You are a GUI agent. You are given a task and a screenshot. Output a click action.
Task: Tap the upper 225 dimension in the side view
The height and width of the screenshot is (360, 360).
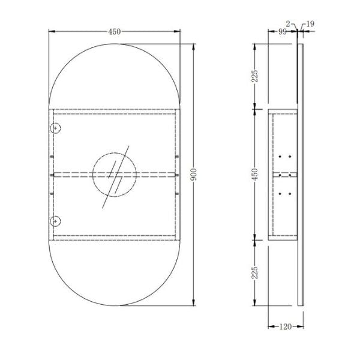click(x=254, y=76)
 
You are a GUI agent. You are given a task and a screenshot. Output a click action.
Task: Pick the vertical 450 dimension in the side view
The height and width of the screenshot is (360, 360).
click(x=254, y=174)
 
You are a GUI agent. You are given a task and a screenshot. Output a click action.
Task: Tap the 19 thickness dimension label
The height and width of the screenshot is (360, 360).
click(x=310, y=24)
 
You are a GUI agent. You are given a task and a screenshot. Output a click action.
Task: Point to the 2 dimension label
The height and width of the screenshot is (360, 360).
click(x=289, y=24)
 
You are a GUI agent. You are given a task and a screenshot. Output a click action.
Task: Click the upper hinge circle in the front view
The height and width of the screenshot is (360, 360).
click(x=55, y=128)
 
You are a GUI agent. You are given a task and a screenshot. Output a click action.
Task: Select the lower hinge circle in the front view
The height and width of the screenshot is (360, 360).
click(x=55, y=220)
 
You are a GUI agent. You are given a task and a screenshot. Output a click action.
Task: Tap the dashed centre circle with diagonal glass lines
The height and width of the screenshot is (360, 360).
click(x=115, y=175)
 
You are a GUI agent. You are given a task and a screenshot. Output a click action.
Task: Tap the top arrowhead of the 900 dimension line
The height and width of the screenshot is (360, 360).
click(x=194, y=47)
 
